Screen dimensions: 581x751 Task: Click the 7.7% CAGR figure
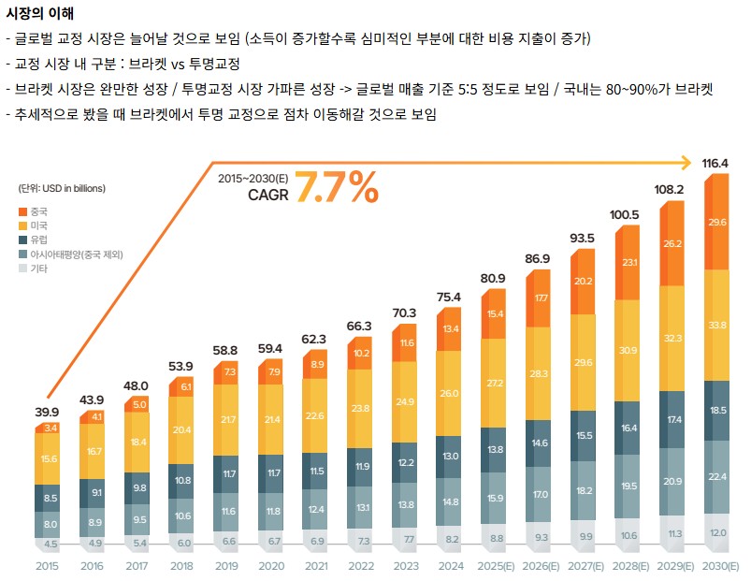338,187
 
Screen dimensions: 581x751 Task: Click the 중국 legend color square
23,211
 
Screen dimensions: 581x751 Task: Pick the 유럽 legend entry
38,240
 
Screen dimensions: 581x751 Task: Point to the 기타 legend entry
38,269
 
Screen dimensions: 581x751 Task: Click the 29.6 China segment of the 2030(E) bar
717,223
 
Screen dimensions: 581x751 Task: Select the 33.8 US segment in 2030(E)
717,325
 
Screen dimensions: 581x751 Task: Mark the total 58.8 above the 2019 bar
225,349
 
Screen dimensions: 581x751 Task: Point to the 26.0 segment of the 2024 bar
449,394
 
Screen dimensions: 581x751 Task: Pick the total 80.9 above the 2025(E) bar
493,278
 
